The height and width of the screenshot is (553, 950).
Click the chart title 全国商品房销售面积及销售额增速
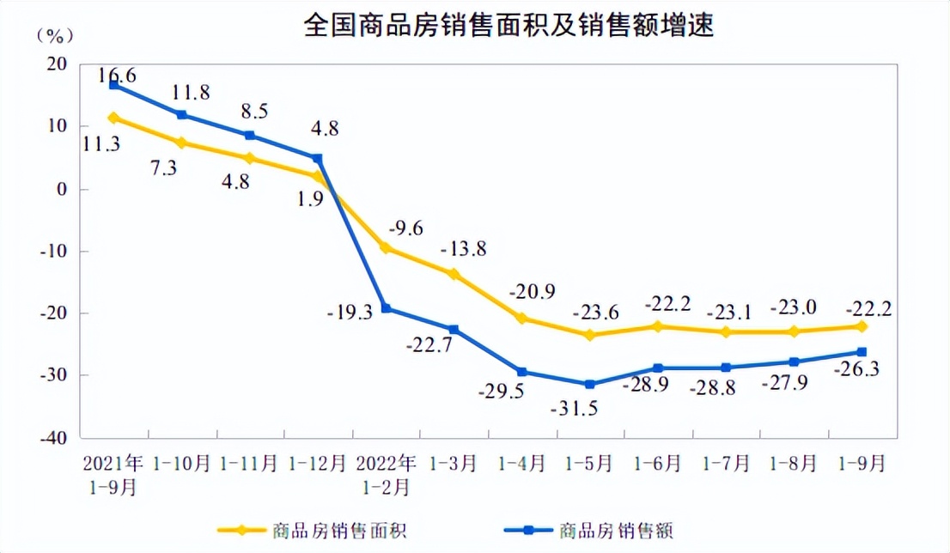(x=508, y=26)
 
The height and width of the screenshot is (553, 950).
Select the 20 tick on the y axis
(x=58, y=64)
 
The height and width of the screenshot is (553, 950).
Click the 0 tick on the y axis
(x=62, y=189)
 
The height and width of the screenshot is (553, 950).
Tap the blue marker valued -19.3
(x=386, y=308)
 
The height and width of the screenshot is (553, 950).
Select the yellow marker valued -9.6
(x=386, y=248)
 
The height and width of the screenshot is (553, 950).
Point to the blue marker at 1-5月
(x=589, y=384)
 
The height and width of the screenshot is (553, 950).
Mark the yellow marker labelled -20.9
(x=521, y=319)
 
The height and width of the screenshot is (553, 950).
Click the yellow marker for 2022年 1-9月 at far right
(x=862, y=326)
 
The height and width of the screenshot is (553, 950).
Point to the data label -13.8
(x=463, y=249)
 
